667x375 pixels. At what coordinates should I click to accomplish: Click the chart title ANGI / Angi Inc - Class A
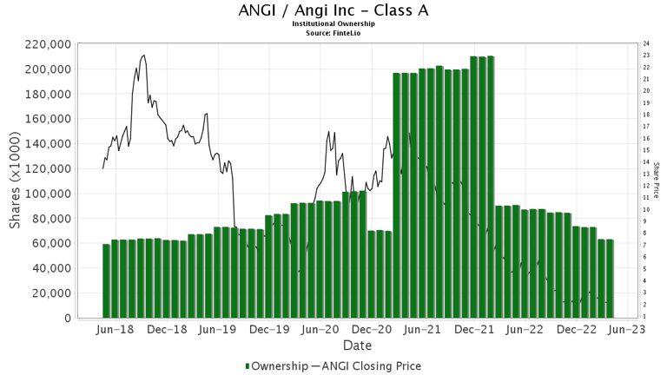coord(333,11)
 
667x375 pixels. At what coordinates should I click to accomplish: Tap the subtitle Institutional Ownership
coord(333,23)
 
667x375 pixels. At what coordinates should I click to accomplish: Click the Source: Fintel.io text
coord(333,32)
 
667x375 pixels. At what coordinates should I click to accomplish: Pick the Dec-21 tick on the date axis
coord(474,330)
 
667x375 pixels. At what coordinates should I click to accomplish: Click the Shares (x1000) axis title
coord(16,181)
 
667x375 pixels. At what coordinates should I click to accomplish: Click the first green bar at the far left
coord(106,280)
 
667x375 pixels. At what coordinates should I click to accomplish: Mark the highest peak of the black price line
coord(143,55)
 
